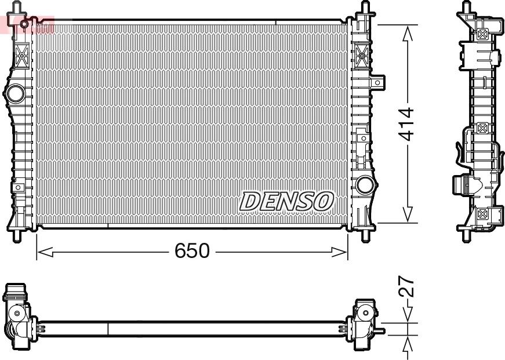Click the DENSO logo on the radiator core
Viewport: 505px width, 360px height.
pyautogui.click(x=286, y=201)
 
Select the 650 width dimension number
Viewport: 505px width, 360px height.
pyautogui.click(x=192, y=251)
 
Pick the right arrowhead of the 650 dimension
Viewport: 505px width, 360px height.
pyautogui.click(x=339, y=252)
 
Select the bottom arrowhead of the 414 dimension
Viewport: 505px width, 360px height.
pyautogui.click(x=408, y=214)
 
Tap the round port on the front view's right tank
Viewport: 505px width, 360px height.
pyautogui.click(x=365, y=185)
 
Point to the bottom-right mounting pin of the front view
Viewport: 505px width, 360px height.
pyautogui.click(x=365, y=235)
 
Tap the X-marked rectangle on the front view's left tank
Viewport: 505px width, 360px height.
pyautogui.click(x=21, y=57)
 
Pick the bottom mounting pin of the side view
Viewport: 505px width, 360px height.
pyautogui.click(x=466, y=235)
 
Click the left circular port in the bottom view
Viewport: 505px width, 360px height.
pyautogui.click(x=17, y=313)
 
